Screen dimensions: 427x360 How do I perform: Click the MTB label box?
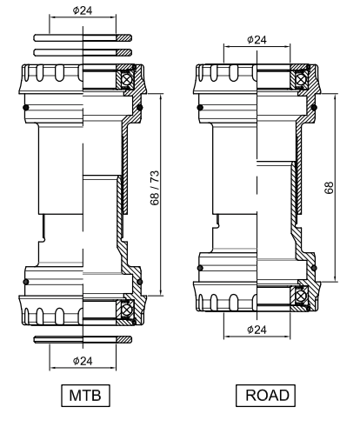click(83, 396)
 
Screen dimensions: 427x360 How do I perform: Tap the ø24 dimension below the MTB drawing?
click(84, 359)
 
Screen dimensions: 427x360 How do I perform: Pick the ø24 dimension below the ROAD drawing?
click(258, 330)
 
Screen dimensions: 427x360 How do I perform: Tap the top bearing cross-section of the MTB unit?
click(127, 79)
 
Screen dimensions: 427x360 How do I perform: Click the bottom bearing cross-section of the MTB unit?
click(127, 309)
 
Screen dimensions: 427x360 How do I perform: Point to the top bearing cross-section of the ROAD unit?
click(300, 79)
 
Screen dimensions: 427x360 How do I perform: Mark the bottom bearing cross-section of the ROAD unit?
click(300, 297)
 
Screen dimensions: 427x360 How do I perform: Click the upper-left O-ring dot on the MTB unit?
click(27, 107)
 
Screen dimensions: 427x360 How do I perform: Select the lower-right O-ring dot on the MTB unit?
click(141, 281)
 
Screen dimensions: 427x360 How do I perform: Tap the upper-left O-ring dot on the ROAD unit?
click(201, 107)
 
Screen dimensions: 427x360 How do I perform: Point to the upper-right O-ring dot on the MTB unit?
click(141, 107)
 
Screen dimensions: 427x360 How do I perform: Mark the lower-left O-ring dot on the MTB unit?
click(27, 281)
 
